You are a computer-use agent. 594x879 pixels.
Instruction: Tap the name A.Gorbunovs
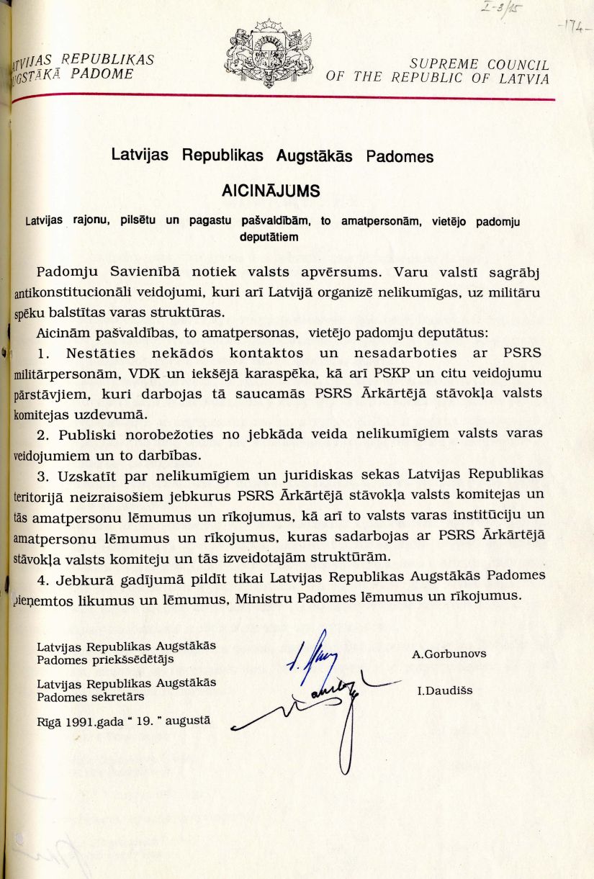449,654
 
